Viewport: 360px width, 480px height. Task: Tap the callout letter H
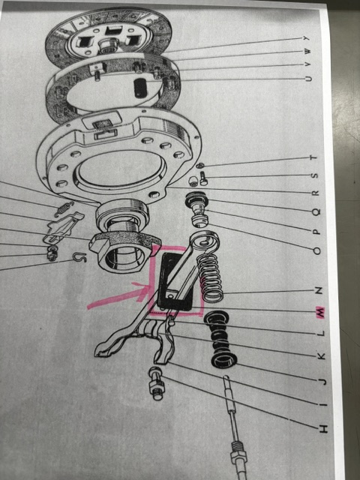(323, 428)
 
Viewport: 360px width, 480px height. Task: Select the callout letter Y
(307, 38)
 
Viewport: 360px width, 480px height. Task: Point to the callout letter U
(308, 79)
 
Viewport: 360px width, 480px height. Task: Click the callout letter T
(313, 157)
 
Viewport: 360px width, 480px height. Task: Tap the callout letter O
(316, 251)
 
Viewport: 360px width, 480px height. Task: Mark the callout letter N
(319, 290)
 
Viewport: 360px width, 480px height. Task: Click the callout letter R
(315, 193)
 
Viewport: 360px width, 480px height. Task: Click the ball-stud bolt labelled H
(157, 383)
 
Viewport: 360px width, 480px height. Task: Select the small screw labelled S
(203, 178)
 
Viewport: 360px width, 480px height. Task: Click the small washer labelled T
(200, 166)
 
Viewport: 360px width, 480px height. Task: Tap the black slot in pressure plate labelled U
(140, 88)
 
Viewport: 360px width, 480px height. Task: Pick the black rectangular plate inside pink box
(175, 282)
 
